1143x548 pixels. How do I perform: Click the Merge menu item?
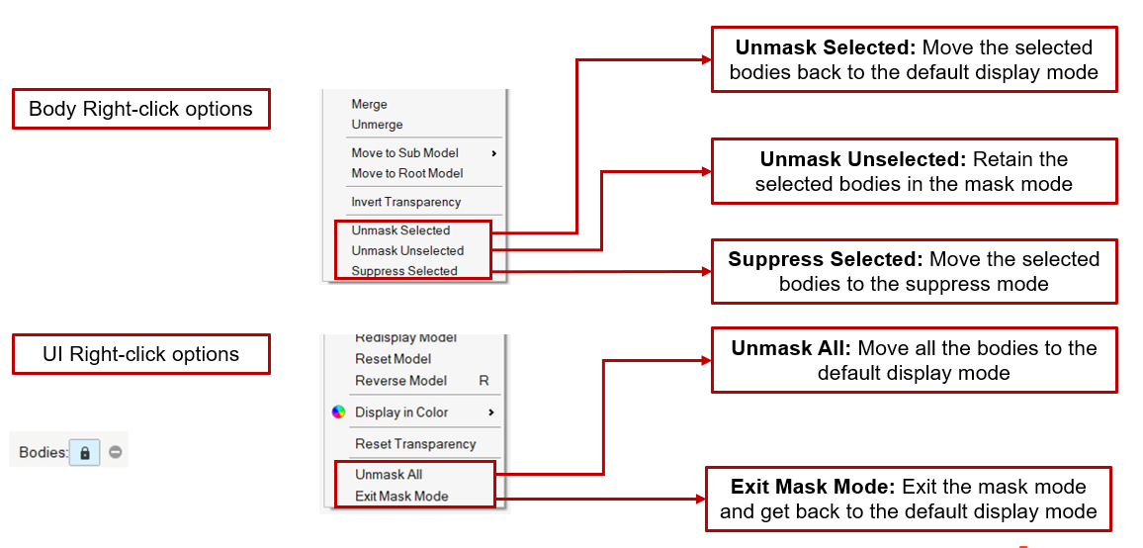[x=370, y=104]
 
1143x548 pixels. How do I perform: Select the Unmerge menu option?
[x=377, y=125]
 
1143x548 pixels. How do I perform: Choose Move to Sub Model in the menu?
[x=405, y=153]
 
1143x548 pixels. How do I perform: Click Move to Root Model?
[x=407, y=173]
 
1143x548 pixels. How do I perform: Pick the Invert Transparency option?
[x=406, y=202]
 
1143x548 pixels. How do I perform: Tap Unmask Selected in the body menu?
[x=400, y=230]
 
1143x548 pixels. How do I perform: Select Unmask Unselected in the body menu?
[x=407, y=250]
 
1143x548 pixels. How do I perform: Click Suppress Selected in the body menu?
[x=404, y=271]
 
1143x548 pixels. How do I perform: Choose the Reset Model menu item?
[x=394, y=359]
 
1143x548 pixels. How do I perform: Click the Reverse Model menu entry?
[x=401, y=381]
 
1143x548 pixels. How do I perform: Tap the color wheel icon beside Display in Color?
[x=339, y=412]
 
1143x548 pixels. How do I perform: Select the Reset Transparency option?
[x=415, y=444]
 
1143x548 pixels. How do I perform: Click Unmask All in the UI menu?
[x=389, y=475]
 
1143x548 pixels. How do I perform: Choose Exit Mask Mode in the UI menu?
[x=401, y=497]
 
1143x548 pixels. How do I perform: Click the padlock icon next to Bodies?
[x=85, y=453]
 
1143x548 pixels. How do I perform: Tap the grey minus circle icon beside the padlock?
[x=116, y=453]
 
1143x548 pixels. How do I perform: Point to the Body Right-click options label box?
[x=140, y=109]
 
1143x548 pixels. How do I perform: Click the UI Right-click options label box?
[x=140, y=354]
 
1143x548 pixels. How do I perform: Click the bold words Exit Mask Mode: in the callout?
[x=813, y=487]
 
